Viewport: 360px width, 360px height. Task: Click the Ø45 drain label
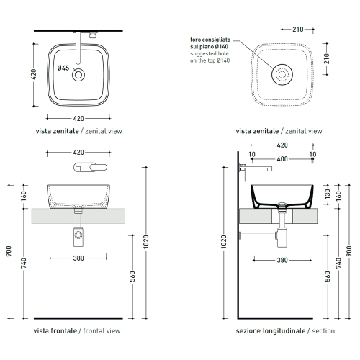point(63,68)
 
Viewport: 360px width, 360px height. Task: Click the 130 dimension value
point(328,194)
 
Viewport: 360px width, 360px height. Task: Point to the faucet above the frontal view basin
point(89,167)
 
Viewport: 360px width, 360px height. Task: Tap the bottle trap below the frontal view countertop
point(78,232)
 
